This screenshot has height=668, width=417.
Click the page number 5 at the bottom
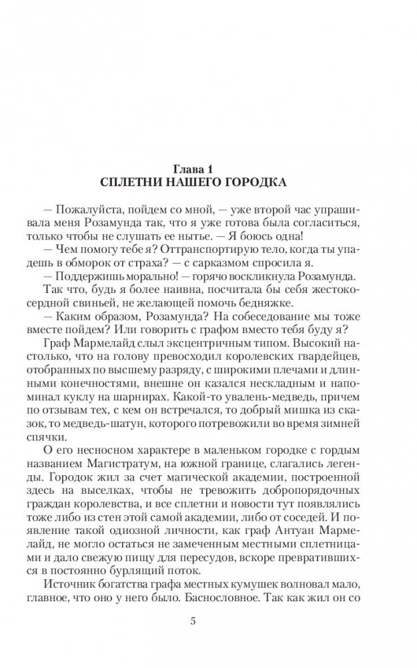(212, 621)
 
